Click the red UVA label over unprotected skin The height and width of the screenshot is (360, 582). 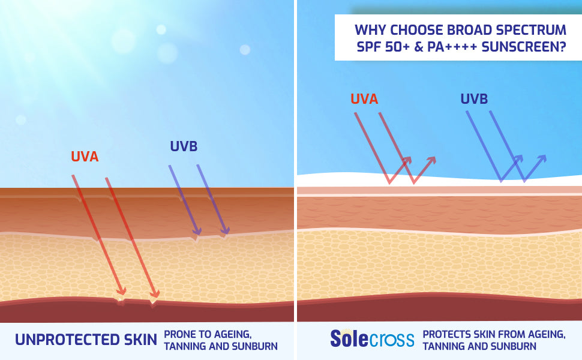click(85, 157)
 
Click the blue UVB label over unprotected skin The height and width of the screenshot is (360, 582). click(184, 146)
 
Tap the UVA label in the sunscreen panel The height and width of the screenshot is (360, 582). click(364, 99)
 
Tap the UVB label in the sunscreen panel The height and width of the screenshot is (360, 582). click(474, 99)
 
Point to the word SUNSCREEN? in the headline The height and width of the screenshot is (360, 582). click(524, 47)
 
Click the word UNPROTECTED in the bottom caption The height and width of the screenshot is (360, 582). click(68, 340)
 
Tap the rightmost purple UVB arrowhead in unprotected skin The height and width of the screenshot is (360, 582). click(224, 230)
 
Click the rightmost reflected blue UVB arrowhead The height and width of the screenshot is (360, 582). click(542, 159)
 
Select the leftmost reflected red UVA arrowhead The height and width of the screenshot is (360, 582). click(406, 161)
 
